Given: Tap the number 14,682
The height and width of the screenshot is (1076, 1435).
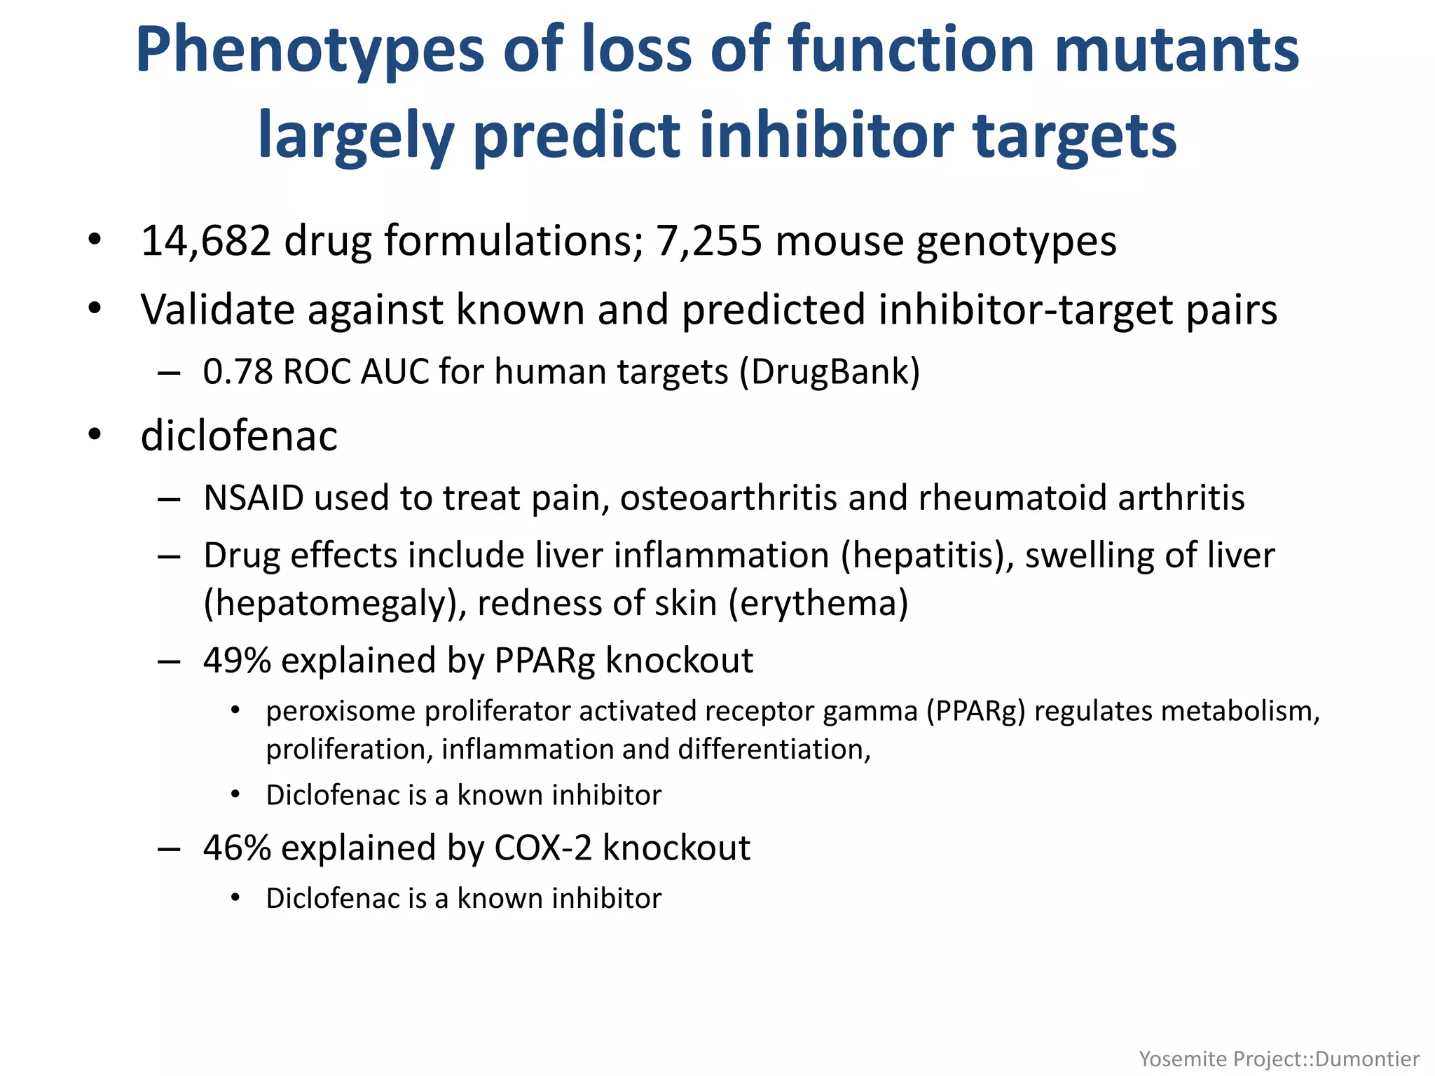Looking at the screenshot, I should point(205,241).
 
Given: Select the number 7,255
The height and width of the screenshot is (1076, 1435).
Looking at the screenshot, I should point(708,241).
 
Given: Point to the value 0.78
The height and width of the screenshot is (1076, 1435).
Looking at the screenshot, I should point(237,371).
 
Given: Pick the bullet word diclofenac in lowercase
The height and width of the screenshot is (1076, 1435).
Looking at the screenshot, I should point(239,436).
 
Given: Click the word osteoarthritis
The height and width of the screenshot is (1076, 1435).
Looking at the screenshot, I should point(728,498).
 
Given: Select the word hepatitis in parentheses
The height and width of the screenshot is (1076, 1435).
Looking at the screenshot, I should point(928,556).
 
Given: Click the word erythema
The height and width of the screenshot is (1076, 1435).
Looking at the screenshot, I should point(818,604).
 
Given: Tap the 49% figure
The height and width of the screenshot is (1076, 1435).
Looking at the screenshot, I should point(237,661).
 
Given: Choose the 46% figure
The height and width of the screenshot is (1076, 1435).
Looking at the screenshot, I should point(237,848).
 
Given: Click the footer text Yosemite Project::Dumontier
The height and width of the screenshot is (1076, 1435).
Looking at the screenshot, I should point(1279,1058).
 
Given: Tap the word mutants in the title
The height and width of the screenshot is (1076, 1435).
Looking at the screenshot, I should point(1176,50).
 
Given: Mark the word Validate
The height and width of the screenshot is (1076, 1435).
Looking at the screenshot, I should point(217,310).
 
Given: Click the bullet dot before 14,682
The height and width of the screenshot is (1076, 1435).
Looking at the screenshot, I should point(95,240).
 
